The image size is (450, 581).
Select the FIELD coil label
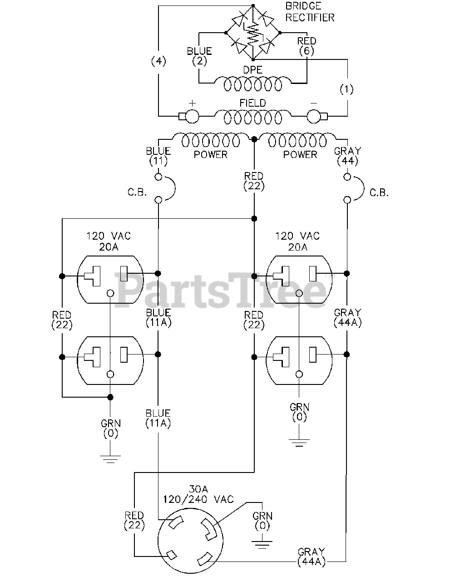click(253, 103)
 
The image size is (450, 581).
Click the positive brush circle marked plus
click(192, 116)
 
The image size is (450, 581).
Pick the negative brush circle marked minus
click(314, 116)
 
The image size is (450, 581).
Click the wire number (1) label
click(347, 89)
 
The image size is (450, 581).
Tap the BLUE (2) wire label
click(199, 56)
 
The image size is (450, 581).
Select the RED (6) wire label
click(307, 46)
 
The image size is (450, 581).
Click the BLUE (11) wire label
click(158, 156)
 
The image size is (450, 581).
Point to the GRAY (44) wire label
click(347, 156)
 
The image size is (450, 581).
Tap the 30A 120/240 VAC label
click(198, 494)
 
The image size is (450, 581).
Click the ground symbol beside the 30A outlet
click(262, 543)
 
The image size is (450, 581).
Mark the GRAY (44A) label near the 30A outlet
click(311, 557)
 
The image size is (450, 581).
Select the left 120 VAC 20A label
click(109, 241)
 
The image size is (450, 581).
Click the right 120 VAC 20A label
click(297, 241)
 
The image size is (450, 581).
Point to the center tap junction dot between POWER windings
click(254, 138)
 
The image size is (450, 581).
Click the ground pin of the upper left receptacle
click(110, 293)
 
